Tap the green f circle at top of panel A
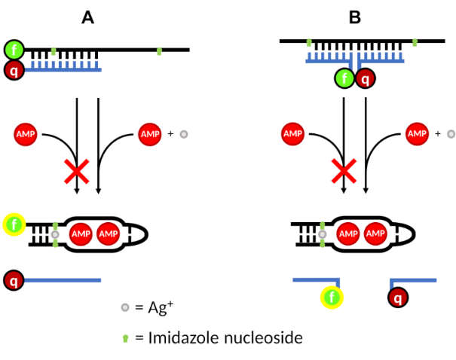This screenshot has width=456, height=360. [x=15, y=50]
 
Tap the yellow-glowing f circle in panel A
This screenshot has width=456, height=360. [x=15, y=224]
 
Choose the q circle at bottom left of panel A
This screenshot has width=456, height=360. [x=15, y=281]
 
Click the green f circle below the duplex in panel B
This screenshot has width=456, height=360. [x=344, y=78]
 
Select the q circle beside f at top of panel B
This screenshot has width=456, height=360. [x=366, y=78]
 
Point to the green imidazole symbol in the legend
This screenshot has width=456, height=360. [x=124, y=337]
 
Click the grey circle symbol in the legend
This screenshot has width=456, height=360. [x=124, y=307]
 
